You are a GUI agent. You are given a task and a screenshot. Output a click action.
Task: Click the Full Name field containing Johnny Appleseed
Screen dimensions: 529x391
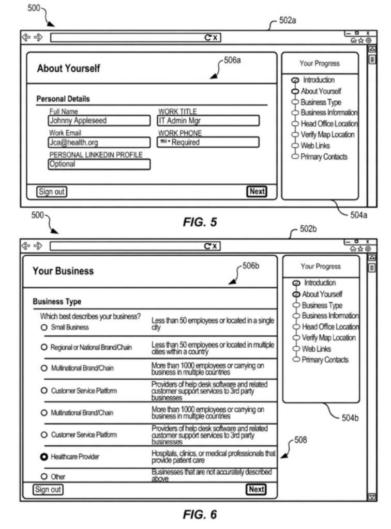click(x=99, y=121)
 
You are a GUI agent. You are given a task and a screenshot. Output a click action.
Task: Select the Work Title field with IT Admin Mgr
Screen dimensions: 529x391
click(x=208, y=121)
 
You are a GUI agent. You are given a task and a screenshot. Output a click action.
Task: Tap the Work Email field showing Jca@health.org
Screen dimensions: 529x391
click(x=99, y=143)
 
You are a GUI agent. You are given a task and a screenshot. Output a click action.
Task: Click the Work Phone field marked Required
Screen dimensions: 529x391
click(x=208, y=143)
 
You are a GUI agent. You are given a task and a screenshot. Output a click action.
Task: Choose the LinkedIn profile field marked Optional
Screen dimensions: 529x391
click(x=99, y=164)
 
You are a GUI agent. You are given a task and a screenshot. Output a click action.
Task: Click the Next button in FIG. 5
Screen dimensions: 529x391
click(x=257, y=192)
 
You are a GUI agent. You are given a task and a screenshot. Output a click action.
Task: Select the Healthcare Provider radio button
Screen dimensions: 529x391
click(x=44, y=457)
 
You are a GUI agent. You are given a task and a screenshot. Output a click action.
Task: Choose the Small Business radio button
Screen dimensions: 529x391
click(x=44, y=328)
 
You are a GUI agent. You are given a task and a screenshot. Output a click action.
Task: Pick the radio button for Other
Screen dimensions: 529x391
click(x=44, y=476)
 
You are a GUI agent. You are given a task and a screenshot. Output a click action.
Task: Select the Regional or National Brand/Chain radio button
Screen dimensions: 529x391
click(x=44, y=348)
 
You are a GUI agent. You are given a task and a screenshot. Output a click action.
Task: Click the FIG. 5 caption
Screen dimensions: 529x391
click(x=200, y=223)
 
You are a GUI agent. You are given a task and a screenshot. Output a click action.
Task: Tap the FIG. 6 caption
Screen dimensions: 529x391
click(x=200, y=515)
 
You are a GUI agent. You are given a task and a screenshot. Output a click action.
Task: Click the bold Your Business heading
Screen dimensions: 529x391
click(x=63, y=271)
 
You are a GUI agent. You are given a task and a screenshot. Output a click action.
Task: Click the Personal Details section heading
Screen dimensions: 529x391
click(x=63, y=99)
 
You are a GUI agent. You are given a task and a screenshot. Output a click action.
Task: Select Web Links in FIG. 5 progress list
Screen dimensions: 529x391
click(x=315, y=146)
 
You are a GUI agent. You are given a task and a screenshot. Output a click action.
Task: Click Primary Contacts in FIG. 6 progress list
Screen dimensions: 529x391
click(x=325, y=360)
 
